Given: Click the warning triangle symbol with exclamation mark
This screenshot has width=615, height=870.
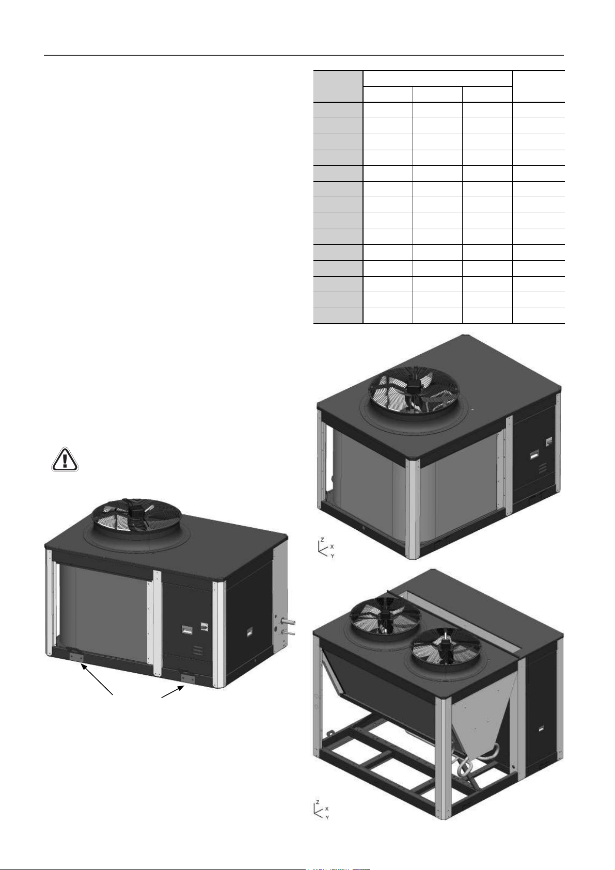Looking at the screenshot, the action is [x=65, y=460].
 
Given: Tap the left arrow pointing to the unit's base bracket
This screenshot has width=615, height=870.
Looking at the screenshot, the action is [x=97, y=679].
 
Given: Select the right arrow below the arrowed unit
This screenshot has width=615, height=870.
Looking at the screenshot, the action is [x=172, y=691].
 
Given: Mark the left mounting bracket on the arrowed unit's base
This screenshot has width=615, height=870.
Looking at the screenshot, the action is [x=76, y=657].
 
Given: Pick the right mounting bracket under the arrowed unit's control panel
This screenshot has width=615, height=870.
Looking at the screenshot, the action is [x=187, y=678].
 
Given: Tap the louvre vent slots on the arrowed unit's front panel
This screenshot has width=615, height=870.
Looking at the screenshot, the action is [x=198, y=651].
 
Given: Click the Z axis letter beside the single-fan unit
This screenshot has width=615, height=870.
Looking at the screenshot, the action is [x=322, y=540].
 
